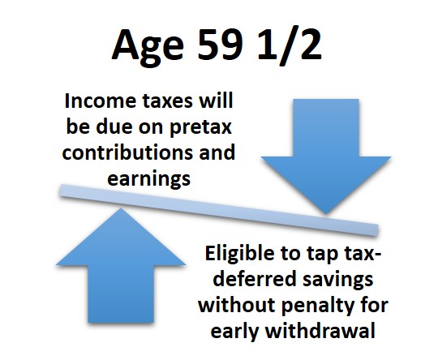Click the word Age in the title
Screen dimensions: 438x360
tap(148, 47)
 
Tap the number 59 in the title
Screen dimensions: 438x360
tap(220, 45)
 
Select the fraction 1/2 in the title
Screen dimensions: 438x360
tap(290, 46)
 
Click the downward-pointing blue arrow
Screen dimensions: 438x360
tap(326, 156)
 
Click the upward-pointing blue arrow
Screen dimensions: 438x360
tap(121, 265)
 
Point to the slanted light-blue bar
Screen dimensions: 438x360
tap(219, 210)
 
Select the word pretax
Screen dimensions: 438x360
tap(201, 127)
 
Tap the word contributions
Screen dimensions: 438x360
tap(128, 152)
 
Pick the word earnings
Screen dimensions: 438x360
tap(149, 179)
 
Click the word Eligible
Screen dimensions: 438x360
tap(239, 254)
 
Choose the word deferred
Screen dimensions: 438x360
tap(254, 279)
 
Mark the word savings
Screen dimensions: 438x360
tap(338, 280)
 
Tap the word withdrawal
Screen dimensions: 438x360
tap(320, 331)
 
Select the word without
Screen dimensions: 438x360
tap(237, 305)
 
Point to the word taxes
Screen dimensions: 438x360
tap(168, 101)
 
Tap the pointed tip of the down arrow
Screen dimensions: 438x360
tap(326, 214)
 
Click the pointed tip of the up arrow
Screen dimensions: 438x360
tap(121, 208)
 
